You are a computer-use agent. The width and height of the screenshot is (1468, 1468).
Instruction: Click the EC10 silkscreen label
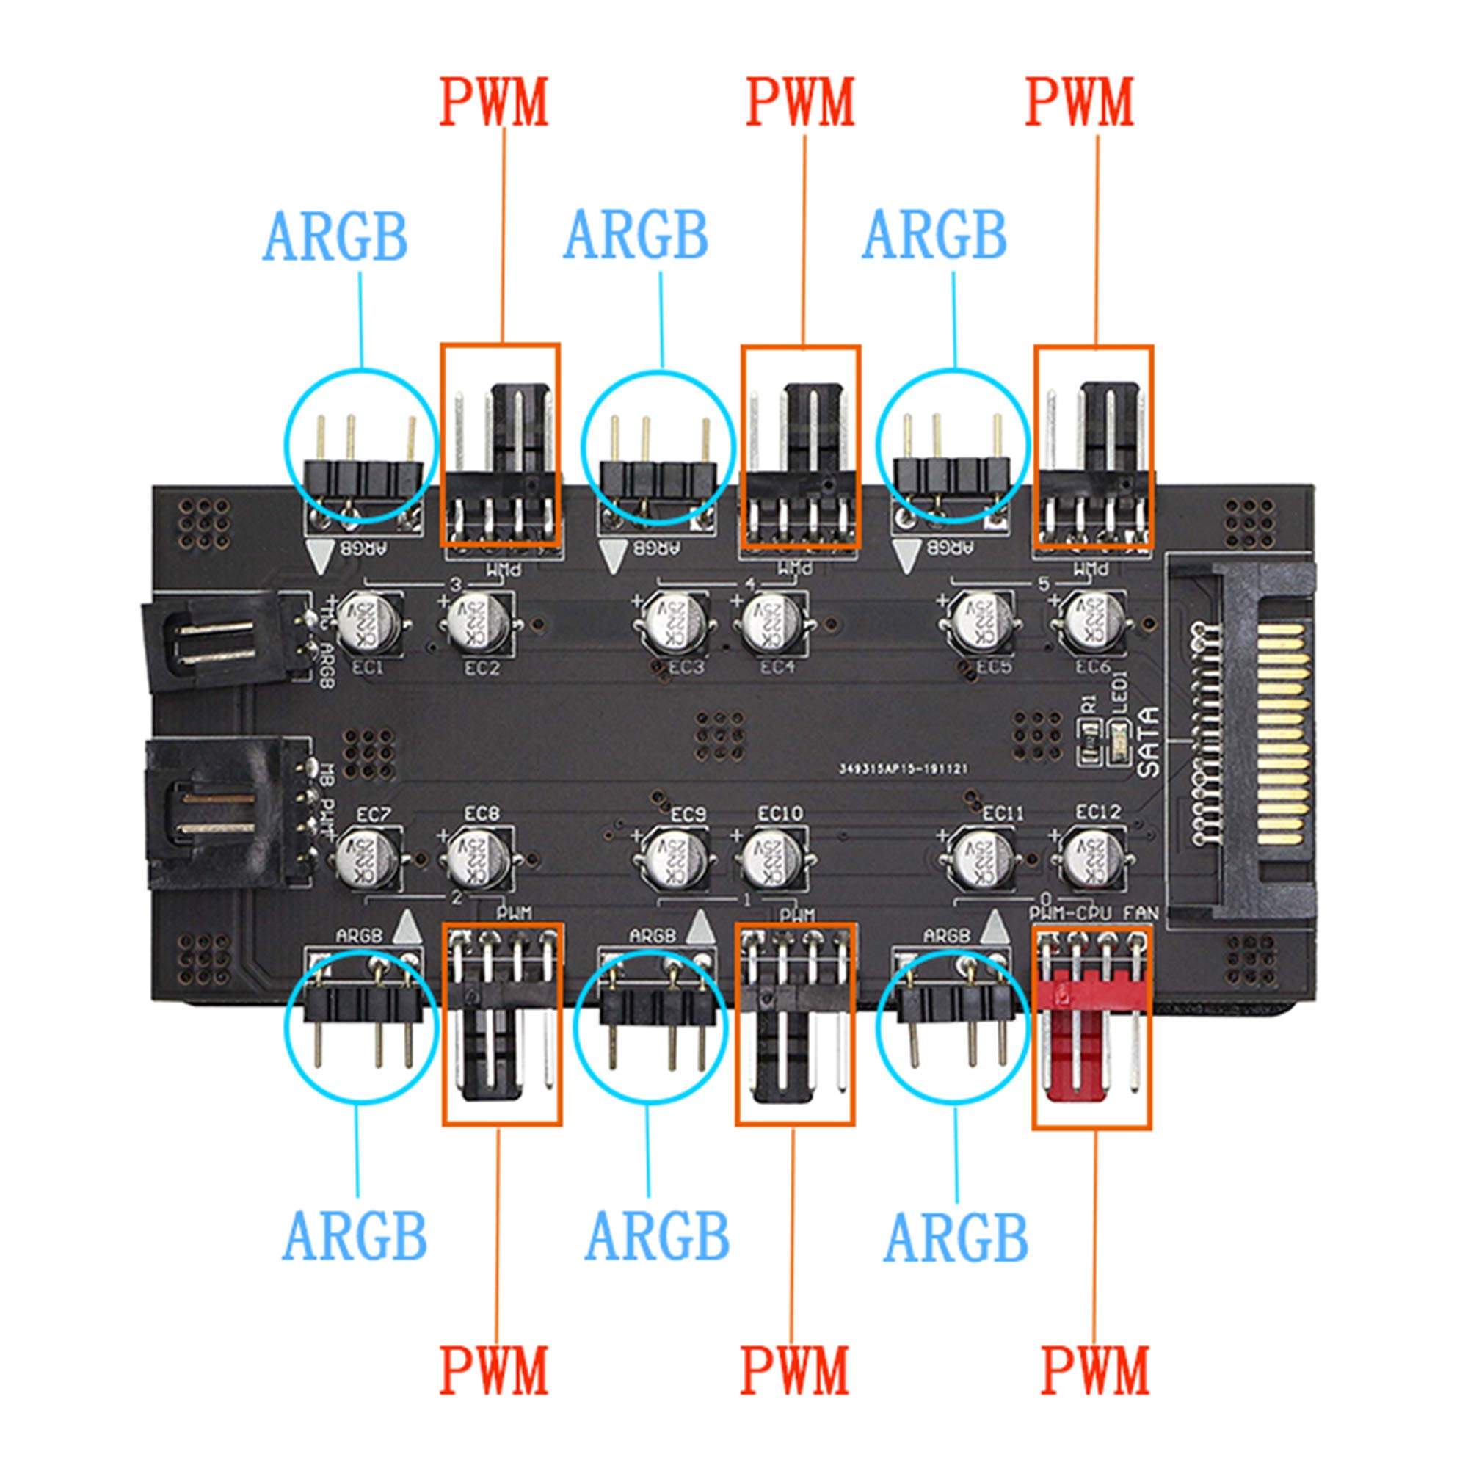780,814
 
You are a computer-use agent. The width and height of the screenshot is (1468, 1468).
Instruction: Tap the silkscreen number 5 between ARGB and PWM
1042,584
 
